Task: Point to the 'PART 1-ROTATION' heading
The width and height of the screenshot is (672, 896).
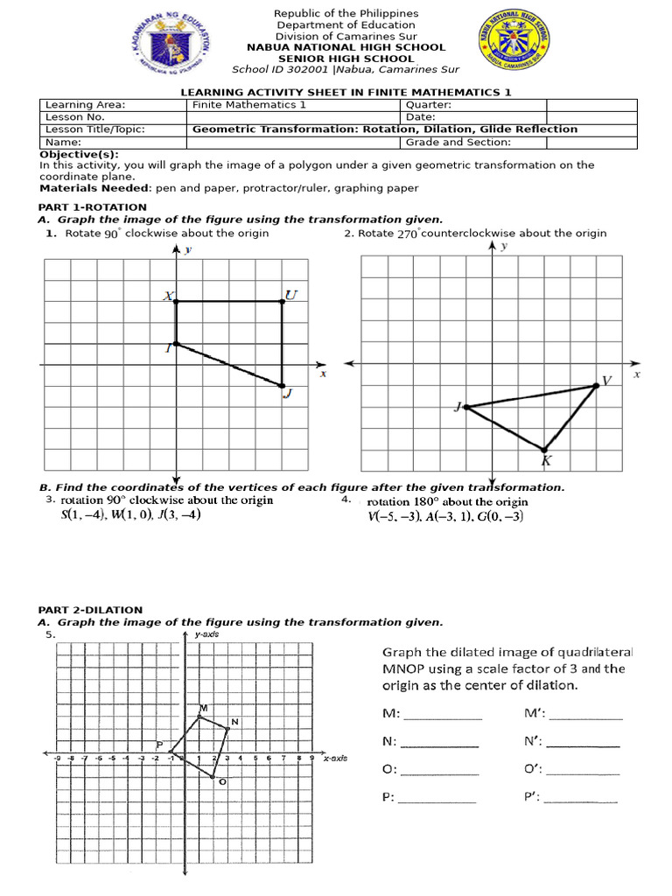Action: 93,207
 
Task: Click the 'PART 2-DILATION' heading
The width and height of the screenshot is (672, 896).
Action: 90,610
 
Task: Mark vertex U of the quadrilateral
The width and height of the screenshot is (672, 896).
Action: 282,301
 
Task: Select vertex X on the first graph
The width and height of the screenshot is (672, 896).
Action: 176,301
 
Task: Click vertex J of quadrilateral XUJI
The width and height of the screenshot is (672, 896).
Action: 282,385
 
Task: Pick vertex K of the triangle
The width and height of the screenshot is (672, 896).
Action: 544,449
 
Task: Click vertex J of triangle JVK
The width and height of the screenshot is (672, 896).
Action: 465,407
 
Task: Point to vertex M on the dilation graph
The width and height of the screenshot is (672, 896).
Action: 199,716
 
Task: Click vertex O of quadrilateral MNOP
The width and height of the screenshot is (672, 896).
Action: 213,775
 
